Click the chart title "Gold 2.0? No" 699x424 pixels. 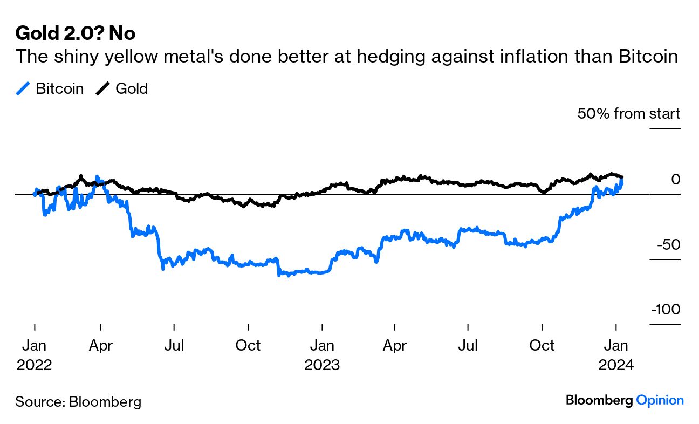click(75, 33)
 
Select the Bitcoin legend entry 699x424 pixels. click(59, 88)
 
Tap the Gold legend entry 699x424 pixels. click(131, 88)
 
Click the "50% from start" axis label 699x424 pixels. click(628, 114)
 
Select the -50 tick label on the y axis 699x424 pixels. click(668, 244)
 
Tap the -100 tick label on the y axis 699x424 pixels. click(666, 310)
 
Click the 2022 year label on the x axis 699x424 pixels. click(35, 365)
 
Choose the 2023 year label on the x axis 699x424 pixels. click(322, 365)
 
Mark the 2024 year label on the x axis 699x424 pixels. click(616, 365)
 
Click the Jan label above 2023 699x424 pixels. click(322, 345)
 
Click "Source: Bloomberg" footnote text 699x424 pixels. click(78, 401)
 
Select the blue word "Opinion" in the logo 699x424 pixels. click(660, 400)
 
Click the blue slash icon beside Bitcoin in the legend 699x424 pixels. click(22, 88)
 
